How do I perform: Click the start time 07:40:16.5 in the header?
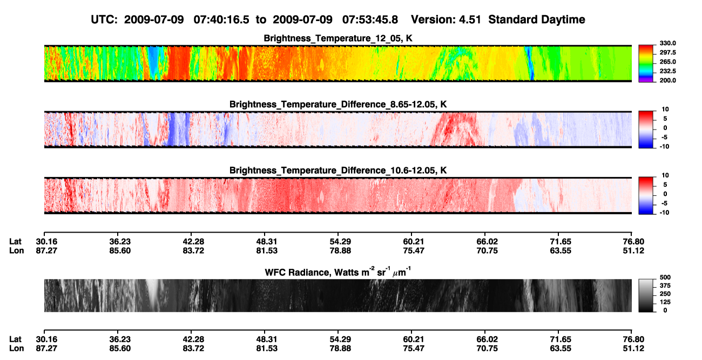(221, 19)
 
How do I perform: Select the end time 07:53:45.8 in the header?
(370, 19)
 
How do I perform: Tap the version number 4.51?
(470, 19)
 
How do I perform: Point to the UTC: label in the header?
(104, 19)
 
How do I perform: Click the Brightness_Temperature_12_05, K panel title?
(338, 38)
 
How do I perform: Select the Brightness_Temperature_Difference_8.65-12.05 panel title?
(338, 104)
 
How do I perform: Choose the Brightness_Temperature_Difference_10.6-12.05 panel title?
(338, 170)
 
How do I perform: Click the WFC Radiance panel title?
(337, 272)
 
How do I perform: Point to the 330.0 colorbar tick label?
(667, 43)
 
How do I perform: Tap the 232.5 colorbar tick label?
(667, 71)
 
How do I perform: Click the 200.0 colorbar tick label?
(667, 80)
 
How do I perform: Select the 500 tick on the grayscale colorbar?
(665, 277)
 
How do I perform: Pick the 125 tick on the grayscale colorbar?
(665, 302)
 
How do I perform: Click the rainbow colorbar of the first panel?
(646, 64)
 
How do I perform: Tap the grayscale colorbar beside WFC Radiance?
(646, 295)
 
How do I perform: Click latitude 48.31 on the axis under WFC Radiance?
(266, 339)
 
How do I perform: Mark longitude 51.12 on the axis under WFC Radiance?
(633, 349)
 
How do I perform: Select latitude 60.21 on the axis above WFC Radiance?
(413, 242)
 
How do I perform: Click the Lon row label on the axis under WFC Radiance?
(16, 349)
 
